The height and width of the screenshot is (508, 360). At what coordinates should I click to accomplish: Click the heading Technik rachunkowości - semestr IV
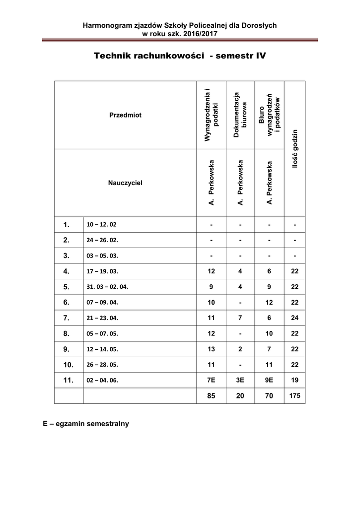(x=180, y=56)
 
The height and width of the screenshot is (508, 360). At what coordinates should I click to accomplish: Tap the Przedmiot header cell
(x=125, y=115)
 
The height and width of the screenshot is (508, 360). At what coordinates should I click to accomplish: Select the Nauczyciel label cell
(x=125, y=183)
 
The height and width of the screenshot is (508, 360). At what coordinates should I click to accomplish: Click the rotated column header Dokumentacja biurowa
(x=240, y=115)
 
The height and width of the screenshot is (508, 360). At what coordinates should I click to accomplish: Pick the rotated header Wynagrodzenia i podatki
(x=212, y=115)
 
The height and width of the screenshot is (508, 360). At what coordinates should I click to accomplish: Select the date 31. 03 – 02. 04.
(x=107, y=287)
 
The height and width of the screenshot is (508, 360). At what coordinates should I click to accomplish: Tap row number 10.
(x=68, y=365)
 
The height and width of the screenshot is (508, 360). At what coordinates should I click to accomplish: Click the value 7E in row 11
(x=211, y=381)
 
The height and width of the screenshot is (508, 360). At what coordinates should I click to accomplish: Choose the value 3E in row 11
(x=240, y=381)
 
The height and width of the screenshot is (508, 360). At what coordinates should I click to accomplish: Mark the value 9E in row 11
(x=269, y=381)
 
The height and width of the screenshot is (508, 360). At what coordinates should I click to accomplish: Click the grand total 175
(x=294, y=396)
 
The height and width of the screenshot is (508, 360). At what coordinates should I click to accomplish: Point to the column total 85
(x=211, y=396)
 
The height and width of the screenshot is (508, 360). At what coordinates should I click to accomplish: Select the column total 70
(x=269, y=396)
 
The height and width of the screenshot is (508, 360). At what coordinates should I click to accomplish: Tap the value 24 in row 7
(x=294, y=318)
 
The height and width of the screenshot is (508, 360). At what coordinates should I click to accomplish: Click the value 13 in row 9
(x=211, y=349)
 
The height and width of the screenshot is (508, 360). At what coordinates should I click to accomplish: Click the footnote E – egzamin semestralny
(x=86, y=424)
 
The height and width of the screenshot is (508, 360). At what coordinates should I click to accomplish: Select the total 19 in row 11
(x=294, y=381)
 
